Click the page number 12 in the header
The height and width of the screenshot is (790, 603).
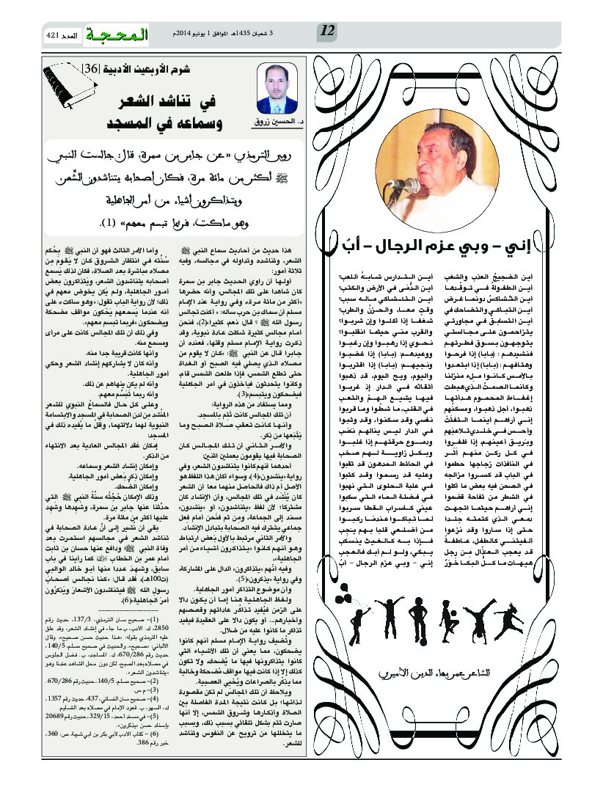(x=328, y=33)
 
